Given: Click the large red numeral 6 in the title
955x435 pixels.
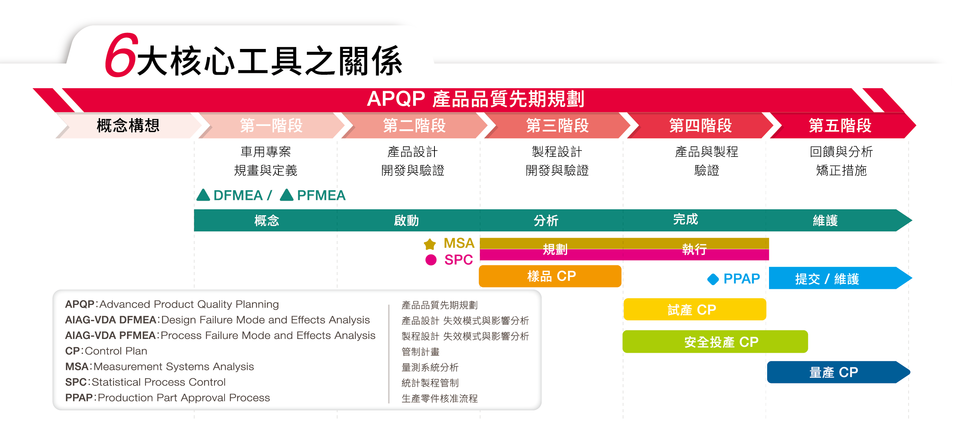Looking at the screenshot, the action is point(120,55).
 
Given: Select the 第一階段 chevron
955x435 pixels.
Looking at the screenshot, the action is point(271,126).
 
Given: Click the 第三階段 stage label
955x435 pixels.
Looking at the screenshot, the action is point(557,126).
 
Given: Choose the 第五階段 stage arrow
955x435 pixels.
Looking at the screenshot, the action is point(842,126).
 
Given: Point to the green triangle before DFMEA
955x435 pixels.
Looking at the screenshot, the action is point(203,195).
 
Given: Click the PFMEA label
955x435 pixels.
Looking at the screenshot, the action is point(321,195).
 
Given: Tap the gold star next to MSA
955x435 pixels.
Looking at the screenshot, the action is point(430,244).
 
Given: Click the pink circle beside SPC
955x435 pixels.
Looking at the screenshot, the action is point(431,260).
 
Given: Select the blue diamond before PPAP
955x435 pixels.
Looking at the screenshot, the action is point(713,279).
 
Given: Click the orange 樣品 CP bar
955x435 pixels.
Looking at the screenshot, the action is point(550,276).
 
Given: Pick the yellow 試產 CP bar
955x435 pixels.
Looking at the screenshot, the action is point(695,309).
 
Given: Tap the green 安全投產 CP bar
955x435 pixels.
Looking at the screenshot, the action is point(715,342).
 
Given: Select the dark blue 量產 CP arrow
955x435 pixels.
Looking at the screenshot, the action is point(838,372).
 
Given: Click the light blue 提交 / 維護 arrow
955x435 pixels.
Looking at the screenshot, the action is point(840,278).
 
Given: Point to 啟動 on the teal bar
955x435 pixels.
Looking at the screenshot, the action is point(406,220).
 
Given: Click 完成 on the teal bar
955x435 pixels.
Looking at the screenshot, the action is point(686,219).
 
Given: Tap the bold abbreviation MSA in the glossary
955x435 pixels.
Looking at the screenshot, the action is point(77,367).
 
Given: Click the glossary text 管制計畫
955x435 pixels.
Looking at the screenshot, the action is point(421,352).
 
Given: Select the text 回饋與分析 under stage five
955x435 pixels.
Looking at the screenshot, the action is point(841,152).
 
